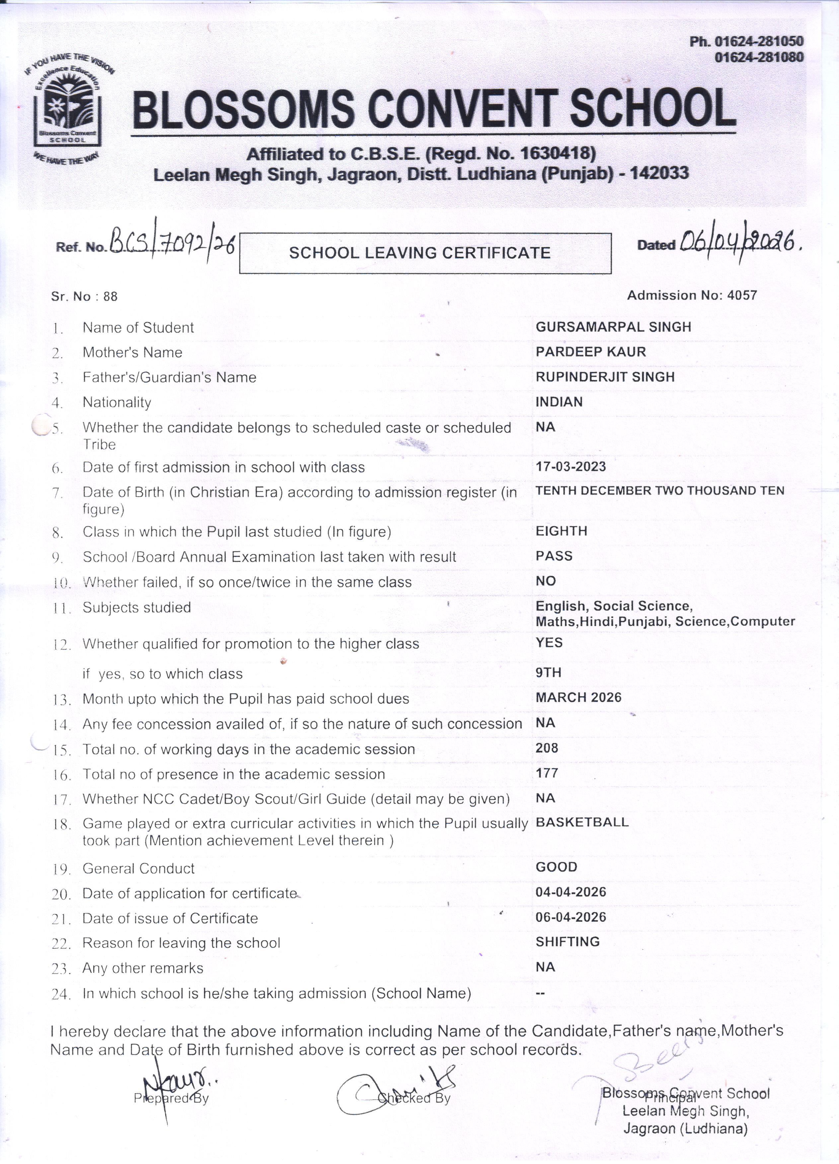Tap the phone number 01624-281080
[x=759, y=57]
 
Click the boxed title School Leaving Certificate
[x=420, y=253]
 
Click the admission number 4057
[x=742, y=295]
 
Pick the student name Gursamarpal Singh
[x=613, y=327]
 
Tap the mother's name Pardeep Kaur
[x=591, y=351]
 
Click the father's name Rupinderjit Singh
[x=605, y=377]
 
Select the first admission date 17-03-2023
[x=571, y=467]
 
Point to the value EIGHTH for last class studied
[x=562, y=531]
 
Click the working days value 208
[x=547, y=748]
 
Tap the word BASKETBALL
[x=582, y=822]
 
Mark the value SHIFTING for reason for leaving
[x=568, y=942]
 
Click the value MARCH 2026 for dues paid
[x=578, y=697]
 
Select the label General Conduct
[x=138, y=868]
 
